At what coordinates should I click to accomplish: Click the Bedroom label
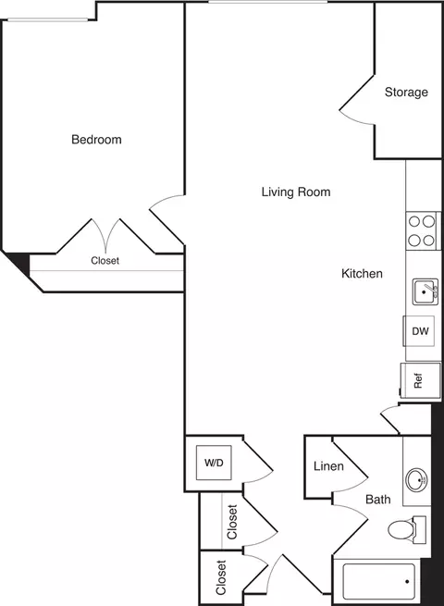tap(96, 140)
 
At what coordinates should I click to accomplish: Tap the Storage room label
tap(406, 93)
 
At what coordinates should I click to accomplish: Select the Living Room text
tap(295, 192)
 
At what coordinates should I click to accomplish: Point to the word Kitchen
tap(362, 274)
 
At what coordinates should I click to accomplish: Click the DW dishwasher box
tap(420, 331)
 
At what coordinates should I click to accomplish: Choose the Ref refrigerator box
tap(417, 379)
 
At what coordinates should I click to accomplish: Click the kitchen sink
tap(425, 292)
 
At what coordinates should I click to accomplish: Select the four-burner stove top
tap(422, 230)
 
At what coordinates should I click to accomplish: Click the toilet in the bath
tap(405, 531)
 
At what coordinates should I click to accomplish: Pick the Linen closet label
tap(328, 466)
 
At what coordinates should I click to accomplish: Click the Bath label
tap(377, 500)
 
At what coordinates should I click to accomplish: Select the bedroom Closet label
tap(105, 261)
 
